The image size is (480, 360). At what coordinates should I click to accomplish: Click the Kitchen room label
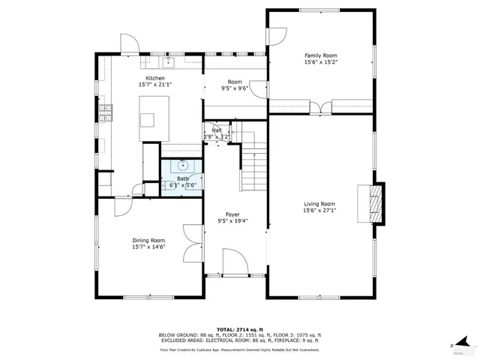click(x=155, y=78)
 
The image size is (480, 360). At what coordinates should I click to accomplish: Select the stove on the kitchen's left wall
click(x=105, y=112)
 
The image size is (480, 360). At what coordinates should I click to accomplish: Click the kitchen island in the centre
click(x=148, y=120)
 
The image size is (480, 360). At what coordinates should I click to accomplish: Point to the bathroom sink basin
click(x=181, y=165)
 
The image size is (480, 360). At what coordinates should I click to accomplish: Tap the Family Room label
click(x=320, y=55)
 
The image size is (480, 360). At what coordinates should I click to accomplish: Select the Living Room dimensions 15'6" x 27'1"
click(x=319, y=211)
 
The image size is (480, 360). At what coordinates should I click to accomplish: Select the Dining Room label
click(x=148, y=240)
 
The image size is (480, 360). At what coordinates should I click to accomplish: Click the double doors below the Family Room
click(x=322, y=109)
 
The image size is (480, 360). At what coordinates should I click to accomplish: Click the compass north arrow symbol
click(x=465, y=343)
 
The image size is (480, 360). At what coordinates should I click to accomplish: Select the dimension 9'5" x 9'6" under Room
click(x=235, y=88)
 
